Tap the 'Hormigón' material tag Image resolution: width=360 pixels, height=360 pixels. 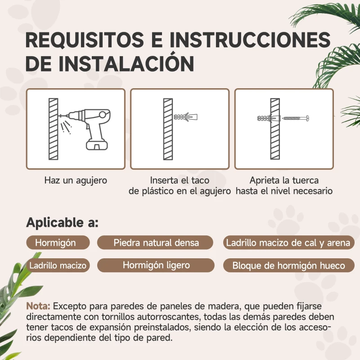click(55, 243)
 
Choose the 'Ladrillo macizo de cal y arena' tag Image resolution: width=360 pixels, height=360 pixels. click(288, 243)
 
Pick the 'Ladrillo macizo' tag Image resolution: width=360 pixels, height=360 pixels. click(58, 265)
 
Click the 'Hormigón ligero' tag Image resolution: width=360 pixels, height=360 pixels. click(156, 265)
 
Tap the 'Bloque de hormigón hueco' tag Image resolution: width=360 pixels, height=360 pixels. click(288, 265)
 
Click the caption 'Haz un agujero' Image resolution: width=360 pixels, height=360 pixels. click(76, 180)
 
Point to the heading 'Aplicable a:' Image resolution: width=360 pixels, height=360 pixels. click(62, 222)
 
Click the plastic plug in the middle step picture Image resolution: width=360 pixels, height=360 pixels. click(185, 117)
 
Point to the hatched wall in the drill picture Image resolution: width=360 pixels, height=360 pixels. click(54, 129)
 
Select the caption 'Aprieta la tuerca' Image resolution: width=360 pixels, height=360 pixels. click(284, 180)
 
